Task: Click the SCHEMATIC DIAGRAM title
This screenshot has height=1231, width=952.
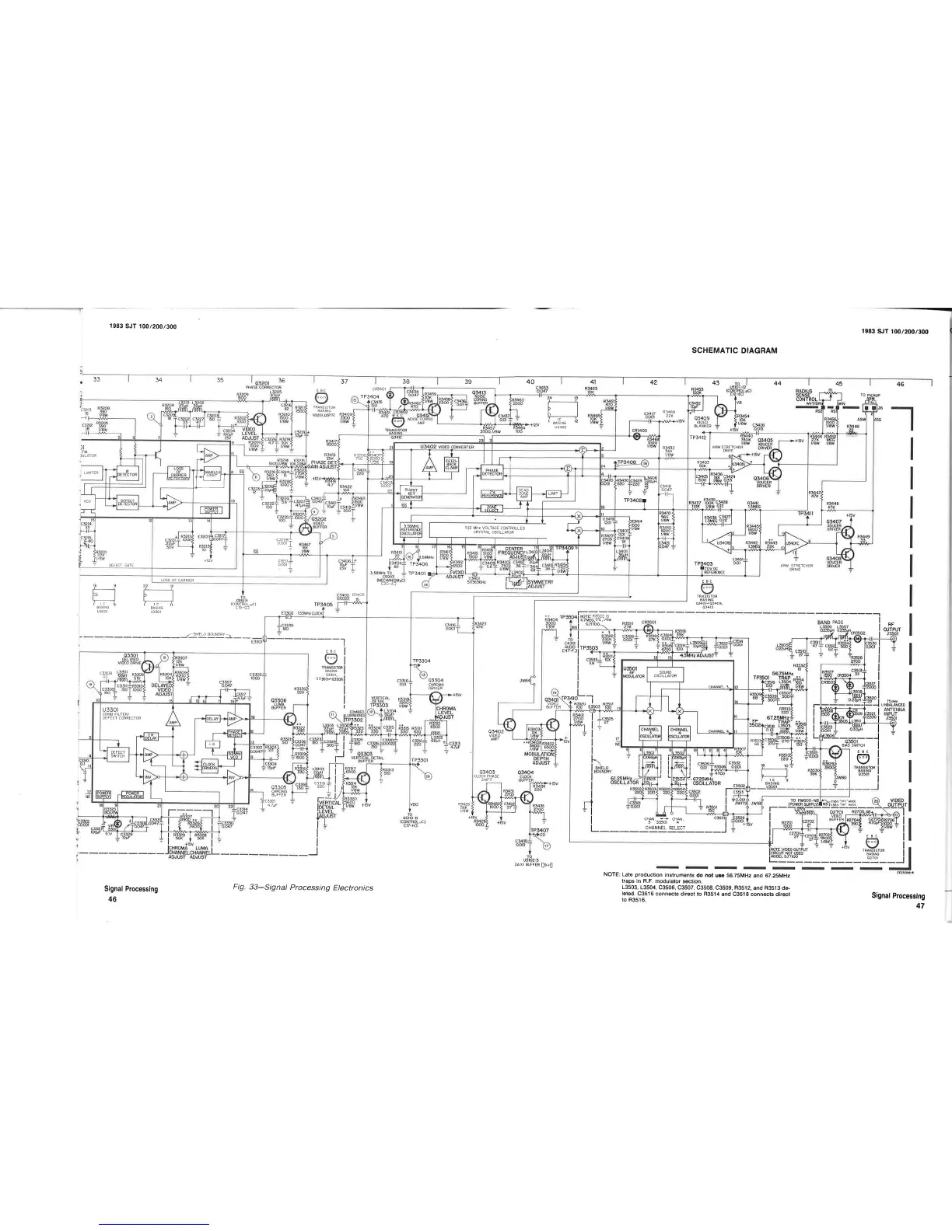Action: [x=734, y=350]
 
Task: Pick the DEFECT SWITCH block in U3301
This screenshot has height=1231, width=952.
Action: [x=118, y=753]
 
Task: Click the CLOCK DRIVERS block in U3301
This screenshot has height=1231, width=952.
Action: [x=209, y=765]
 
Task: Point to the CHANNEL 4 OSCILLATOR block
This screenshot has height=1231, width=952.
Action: [x=679, y=733]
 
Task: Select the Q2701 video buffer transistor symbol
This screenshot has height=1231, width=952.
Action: [x=843, y=829]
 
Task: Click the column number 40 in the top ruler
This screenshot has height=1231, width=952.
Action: [x=530, y=382]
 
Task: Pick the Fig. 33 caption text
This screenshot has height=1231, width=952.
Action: [x=303, y=888]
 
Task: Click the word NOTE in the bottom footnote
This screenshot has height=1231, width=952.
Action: [x=611, y=875]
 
